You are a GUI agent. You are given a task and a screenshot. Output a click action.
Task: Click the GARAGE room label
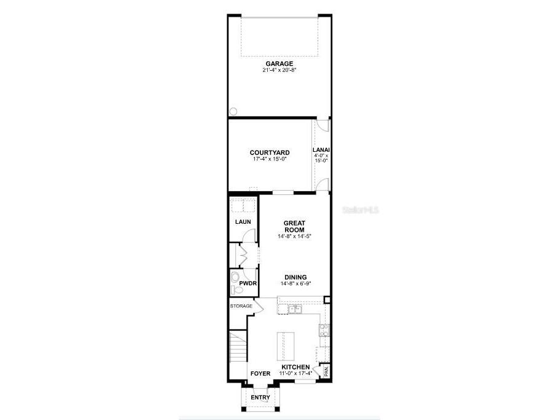[279, 63]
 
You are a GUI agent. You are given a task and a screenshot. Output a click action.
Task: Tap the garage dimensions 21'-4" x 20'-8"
[279, 70]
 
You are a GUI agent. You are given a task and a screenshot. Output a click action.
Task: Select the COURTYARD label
[270, 153]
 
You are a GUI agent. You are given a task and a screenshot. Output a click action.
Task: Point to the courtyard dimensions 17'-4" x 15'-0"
[270, 159]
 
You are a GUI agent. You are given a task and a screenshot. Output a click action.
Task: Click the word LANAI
[321, 149]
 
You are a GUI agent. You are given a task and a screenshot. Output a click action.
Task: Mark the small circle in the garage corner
[234, 111]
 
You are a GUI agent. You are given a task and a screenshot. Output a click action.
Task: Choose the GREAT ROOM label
[294, 226]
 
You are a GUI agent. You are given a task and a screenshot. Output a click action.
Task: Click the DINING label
[295, 277]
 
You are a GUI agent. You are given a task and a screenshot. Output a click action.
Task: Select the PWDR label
[248, 283]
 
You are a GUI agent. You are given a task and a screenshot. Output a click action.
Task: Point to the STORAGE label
[241, 306]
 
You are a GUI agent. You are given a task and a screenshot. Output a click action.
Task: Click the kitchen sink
[293, 309]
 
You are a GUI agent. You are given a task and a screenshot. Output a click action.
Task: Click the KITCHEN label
[295, 367]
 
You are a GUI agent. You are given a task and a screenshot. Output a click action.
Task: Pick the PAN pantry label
[326, 371]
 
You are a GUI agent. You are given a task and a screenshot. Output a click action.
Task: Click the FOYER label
[260, 373]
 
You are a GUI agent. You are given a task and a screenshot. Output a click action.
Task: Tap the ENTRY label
[260, 398]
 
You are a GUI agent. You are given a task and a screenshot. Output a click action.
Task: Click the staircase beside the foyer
[238, 347]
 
